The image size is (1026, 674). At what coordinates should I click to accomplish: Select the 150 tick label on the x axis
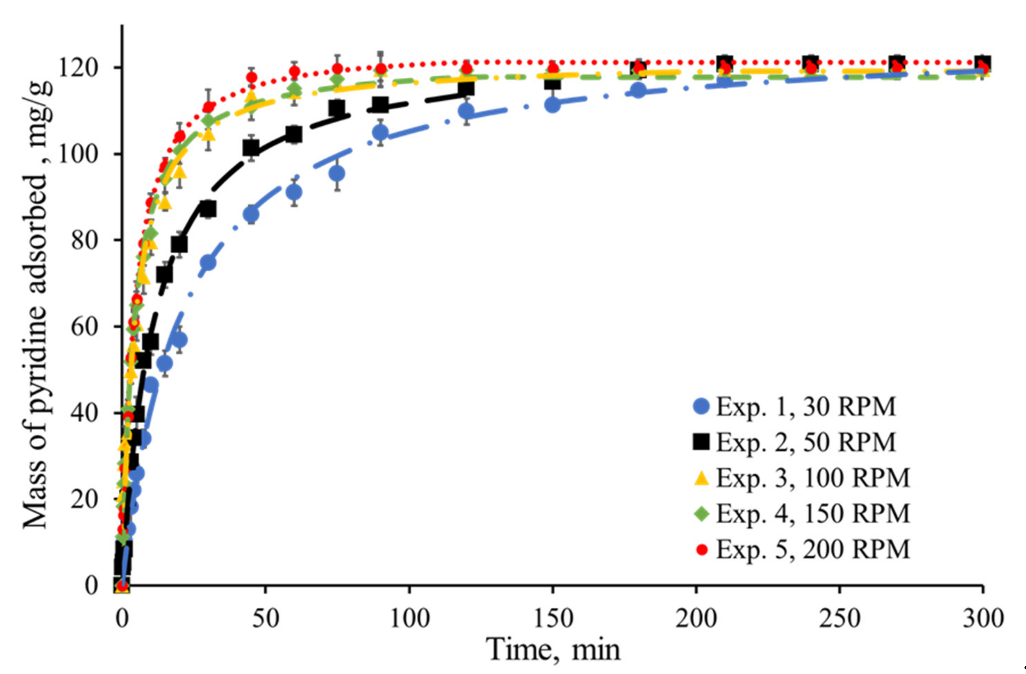(x=553, y=618)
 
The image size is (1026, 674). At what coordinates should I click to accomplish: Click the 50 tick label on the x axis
(x=266, y=618)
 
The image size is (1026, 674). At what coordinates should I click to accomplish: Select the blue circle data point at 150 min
(x=552, y=105)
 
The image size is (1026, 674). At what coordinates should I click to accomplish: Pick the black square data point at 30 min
(x=208, y=209)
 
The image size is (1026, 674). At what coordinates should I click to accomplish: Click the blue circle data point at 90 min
(x=380, y=132)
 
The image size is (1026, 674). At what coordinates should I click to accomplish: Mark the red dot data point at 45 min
(x=251, y=77)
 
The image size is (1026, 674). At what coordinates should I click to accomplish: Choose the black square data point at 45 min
(x=251, y=149)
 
